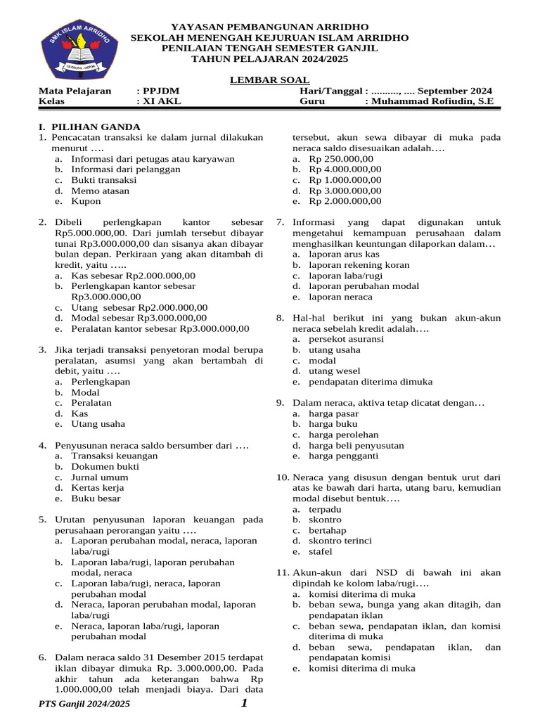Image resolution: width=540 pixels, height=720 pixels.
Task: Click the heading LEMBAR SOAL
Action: pos(269,81)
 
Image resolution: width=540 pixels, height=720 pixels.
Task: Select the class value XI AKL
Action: pos(161,101)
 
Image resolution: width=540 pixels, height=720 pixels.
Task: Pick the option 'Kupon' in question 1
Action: pos(86,201)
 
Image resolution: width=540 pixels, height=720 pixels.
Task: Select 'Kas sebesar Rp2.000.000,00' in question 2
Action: pos(133,276)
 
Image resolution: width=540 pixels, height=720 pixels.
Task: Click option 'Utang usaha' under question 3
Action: pos(98,424)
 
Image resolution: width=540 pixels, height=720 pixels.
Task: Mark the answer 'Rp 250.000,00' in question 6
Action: pos(340,159)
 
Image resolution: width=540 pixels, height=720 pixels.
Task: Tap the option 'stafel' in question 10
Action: pos(321,551)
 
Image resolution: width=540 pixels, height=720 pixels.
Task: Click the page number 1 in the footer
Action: pos(243,704)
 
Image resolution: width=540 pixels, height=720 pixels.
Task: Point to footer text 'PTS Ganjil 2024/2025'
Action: pos(84,704)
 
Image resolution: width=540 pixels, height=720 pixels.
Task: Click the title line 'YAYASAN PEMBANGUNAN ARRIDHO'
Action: pos(270,26)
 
